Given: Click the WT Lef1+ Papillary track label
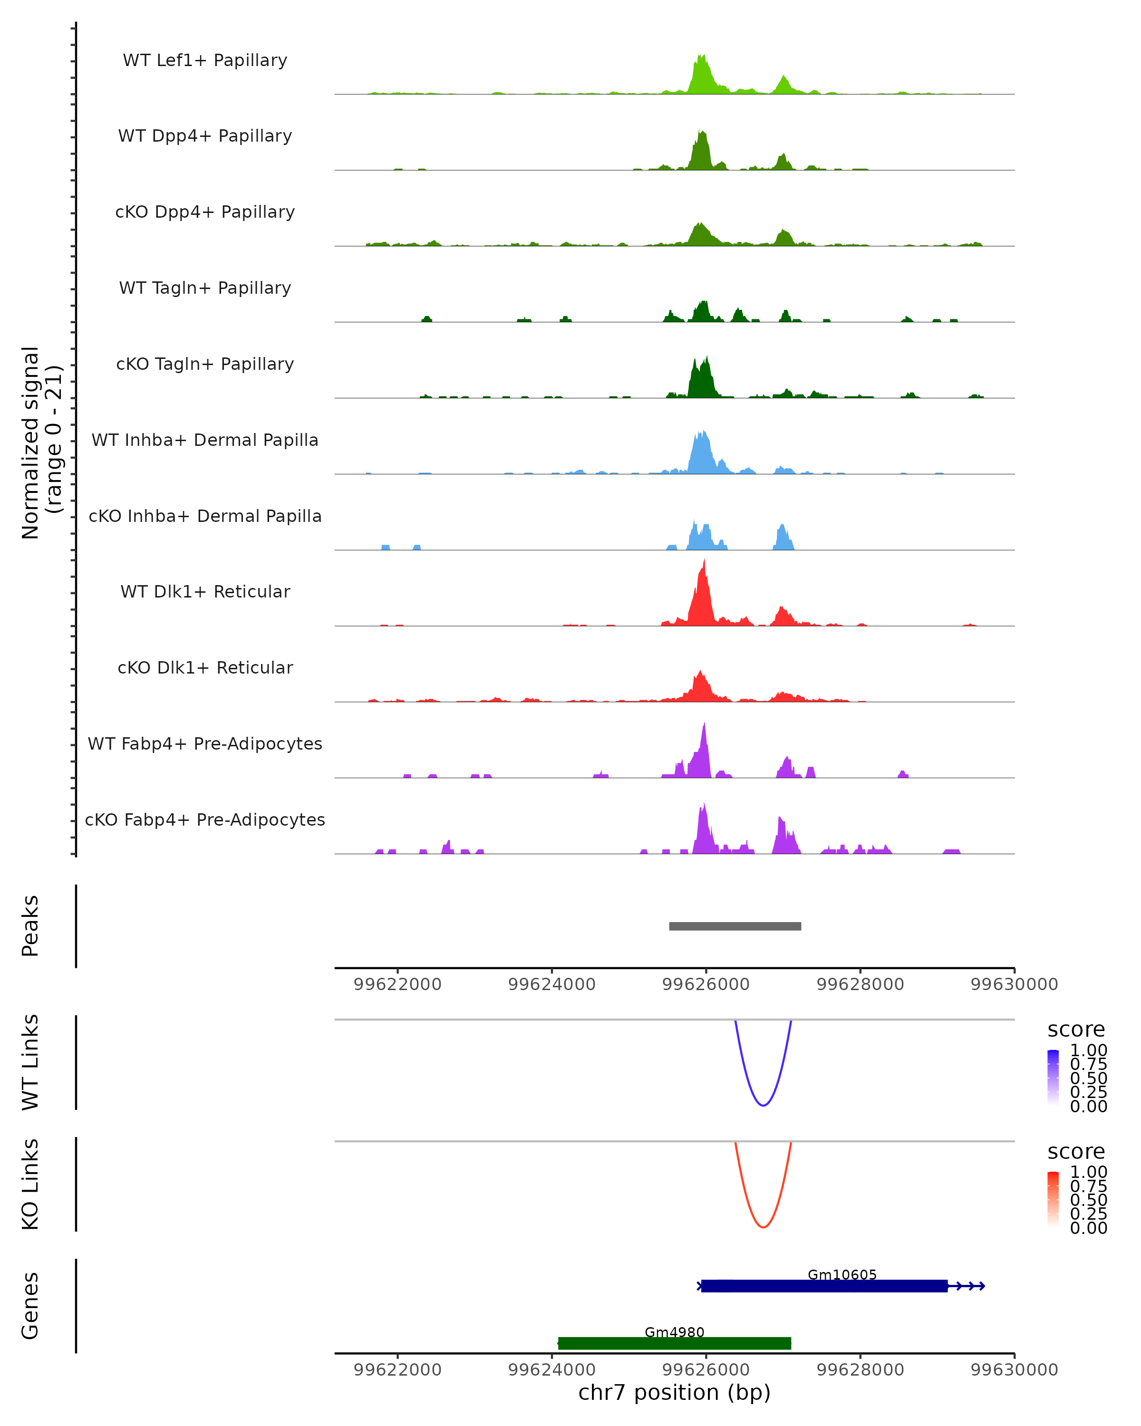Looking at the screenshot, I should (x=205, y=60).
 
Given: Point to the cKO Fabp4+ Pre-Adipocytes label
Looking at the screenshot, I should (x=205, y=819).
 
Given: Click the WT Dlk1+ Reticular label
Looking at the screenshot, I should (x=205, y=592).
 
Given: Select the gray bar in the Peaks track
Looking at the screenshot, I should (x=735, y=926).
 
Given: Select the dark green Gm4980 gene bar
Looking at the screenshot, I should (x=674, y=1343).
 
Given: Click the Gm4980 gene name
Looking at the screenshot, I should (x=674, y=1332).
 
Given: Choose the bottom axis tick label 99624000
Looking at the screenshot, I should (x=551, y=1370).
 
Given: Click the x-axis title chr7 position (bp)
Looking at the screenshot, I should (x=674, y=1392).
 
